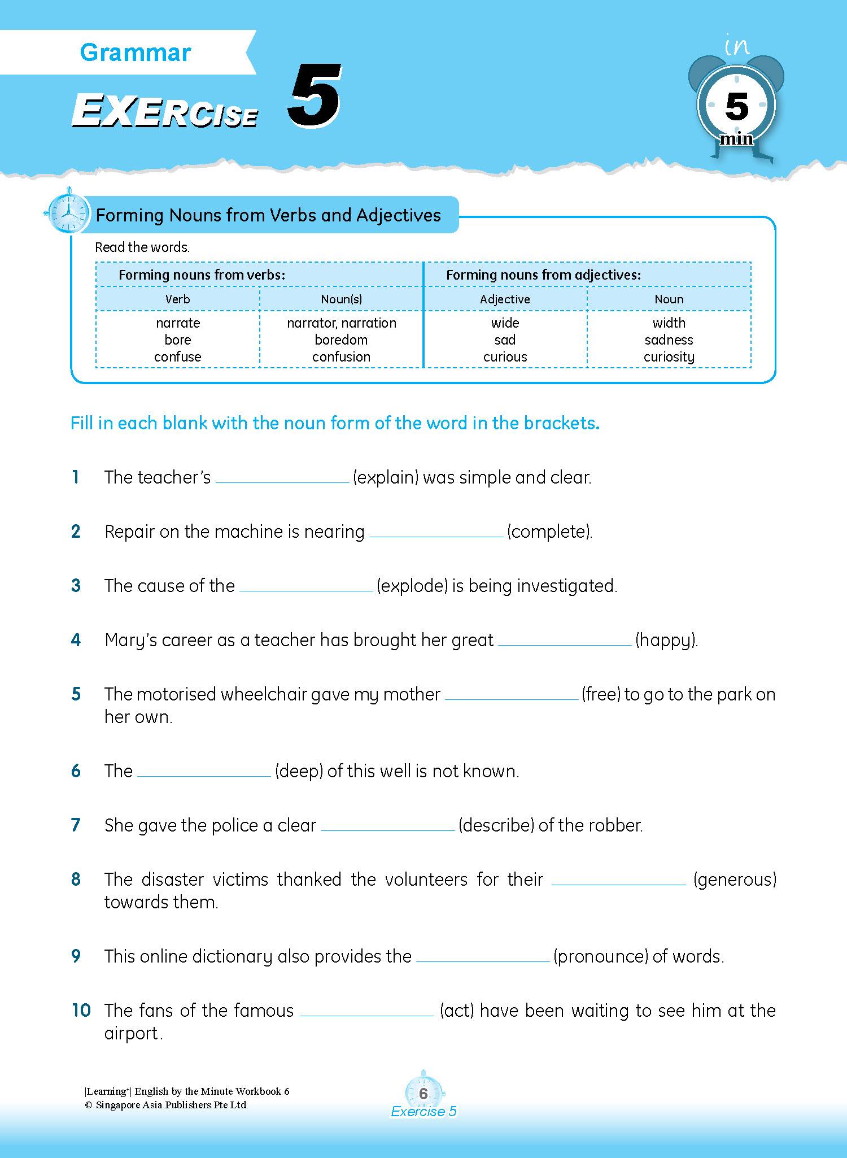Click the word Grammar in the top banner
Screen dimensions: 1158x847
point(136,53)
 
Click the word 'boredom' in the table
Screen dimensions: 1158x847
point(341,340)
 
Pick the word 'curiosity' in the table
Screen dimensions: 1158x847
point(669,357)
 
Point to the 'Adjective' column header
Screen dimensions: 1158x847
point(505,299)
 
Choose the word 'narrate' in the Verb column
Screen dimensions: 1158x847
point(178,323)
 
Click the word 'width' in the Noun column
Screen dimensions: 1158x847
point(669,323)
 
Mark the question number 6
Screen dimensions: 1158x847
point(76,771)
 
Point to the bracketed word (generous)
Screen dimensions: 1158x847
point(735,880)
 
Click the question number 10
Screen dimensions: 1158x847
point(81,1011)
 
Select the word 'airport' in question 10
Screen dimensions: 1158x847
point(131,1034)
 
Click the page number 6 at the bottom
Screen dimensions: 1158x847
point(423,1094)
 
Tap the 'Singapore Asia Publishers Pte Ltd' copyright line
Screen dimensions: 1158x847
point(165,1105)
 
